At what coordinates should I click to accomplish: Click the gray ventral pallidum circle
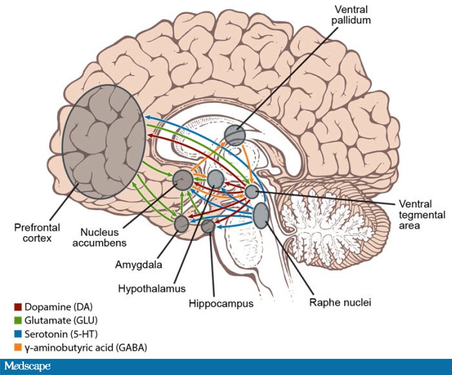tap(234, 135)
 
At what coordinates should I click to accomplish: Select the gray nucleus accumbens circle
tap(183, 179)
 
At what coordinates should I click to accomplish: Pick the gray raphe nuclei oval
tap(262, 215)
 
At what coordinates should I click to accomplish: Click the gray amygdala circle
tap(181, 224)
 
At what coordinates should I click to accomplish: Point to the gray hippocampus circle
tap(208, 226)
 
